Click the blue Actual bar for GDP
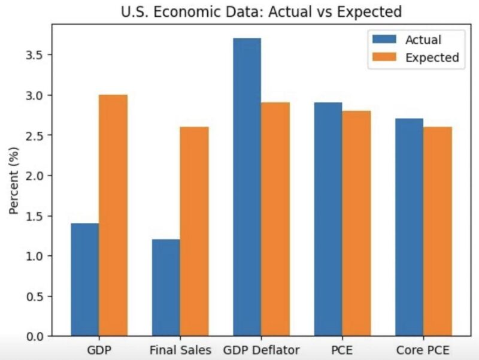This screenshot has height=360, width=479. click(x=85, y=280)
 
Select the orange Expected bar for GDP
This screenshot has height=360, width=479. click(x=113, y=216)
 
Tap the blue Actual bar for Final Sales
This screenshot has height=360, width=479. click(x=166, y=288)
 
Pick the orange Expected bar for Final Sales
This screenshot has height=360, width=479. click(x=195, y=231)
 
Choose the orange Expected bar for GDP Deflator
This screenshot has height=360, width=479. click(x=275, y=219)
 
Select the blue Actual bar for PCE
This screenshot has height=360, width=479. click(x=328, y=219)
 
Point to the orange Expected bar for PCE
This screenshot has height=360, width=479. click(x=357, y=223)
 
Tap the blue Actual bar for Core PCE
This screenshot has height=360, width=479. click(x=409, y=227)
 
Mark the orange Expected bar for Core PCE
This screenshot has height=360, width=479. click(x=438, y=231)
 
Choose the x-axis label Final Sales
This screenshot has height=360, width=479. click(x=180, y=350)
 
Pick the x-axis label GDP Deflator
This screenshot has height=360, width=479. click(x=261, y=350)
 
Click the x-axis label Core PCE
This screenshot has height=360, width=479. click(x=423, y=350)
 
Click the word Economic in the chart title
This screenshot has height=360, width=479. click(x=184, y=11)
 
